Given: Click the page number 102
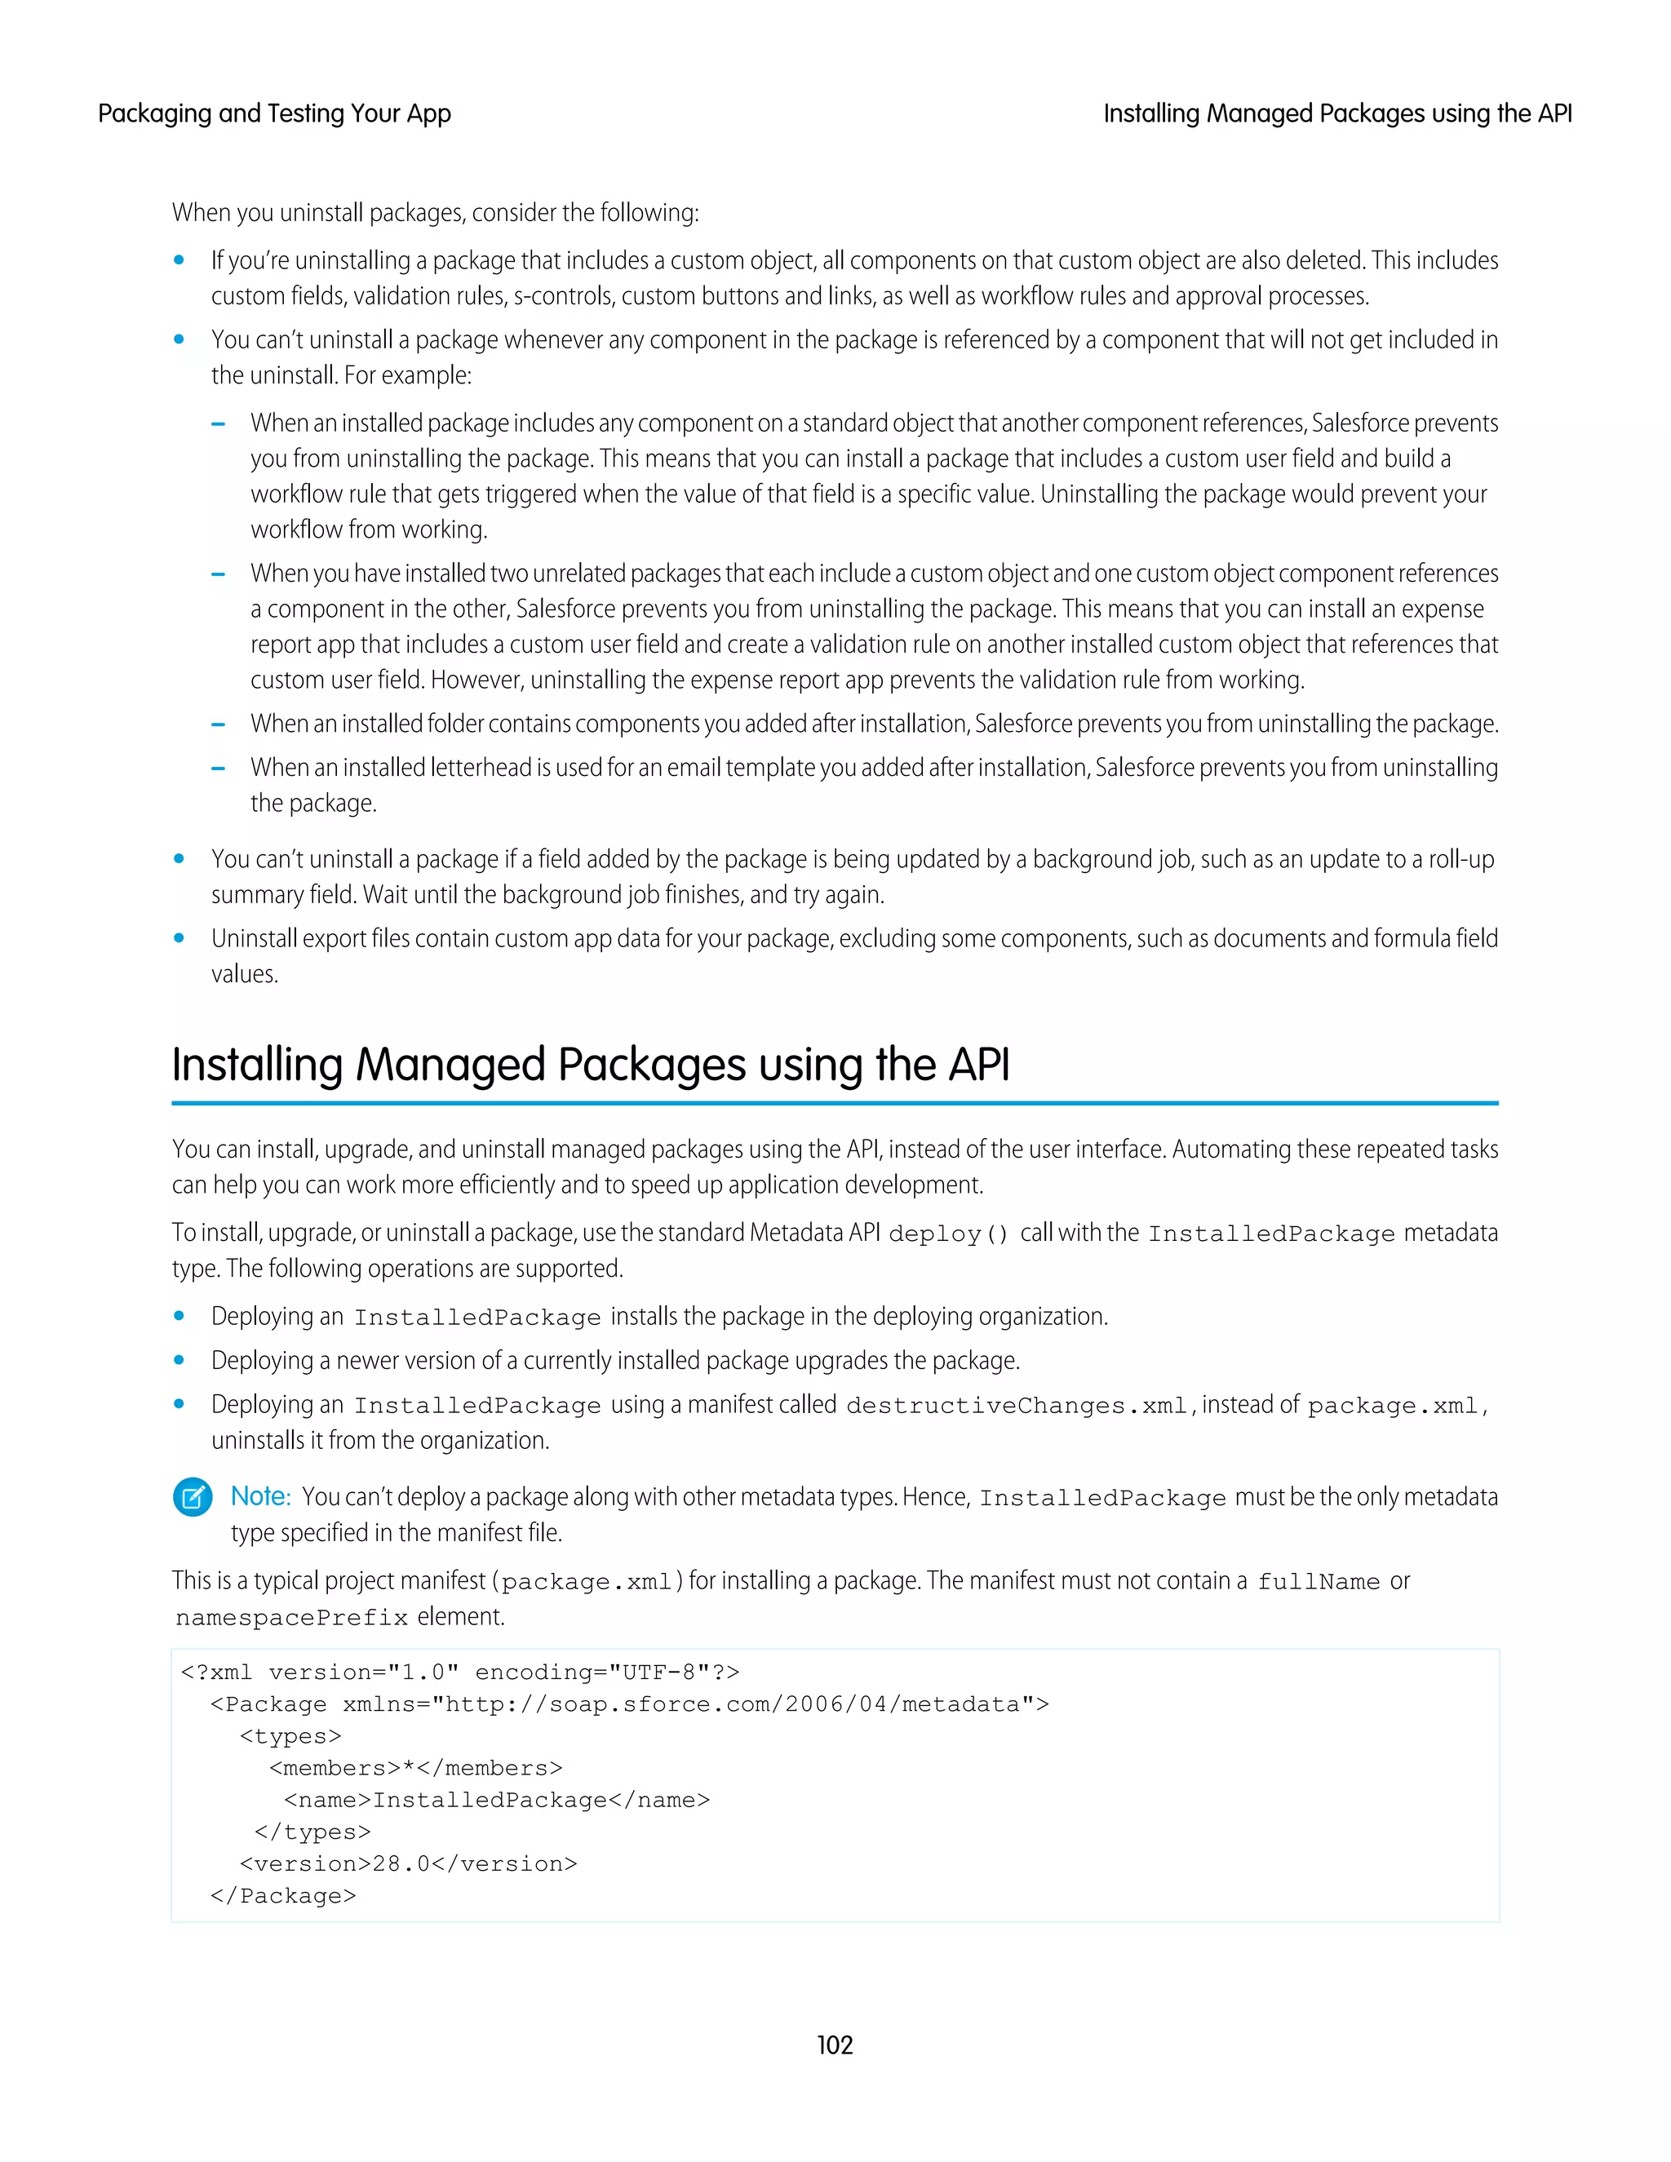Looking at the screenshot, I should click(x=835, y=2045).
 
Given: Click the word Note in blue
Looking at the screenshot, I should click(x=260, y=1495).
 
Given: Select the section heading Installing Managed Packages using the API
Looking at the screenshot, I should click(x=590, y=1065).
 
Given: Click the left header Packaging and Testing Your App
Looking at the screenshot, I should click(x=274, y=114).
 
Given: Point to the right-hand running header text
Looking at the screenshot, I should click(x=1336, y=114).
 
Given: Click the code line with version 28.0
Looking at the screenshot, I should click(x=408, y=1863).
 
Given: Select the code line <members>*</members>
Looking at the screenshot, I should click(x=416, y=1767).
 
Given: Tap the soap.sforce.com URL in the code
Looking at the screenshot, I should click(x=733, y=1703).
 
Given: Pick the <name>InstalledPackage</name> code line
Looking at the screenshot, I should click(x=497, y=1799).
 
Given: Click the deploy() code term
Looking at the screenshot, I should click(x=947, y=1234).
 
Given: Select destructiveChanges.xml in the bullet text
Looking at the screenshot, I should click(x=1016, y=1406).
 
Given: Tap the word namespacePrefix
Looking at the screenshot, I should click(x=291, y=1618).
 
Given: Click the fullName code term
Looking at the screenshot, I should click(x=1318, y=1582).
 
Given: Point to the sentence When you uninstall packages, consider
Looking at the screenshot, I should click(x=436, y=213).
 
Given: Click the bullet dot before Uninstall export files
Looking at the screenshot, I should click(x=180, y=937).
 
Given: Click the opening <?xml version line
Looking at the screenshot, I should click(x=459, y=1672).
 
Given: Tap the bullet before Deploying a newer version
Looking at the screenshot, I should click(x=180, y=1360).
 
